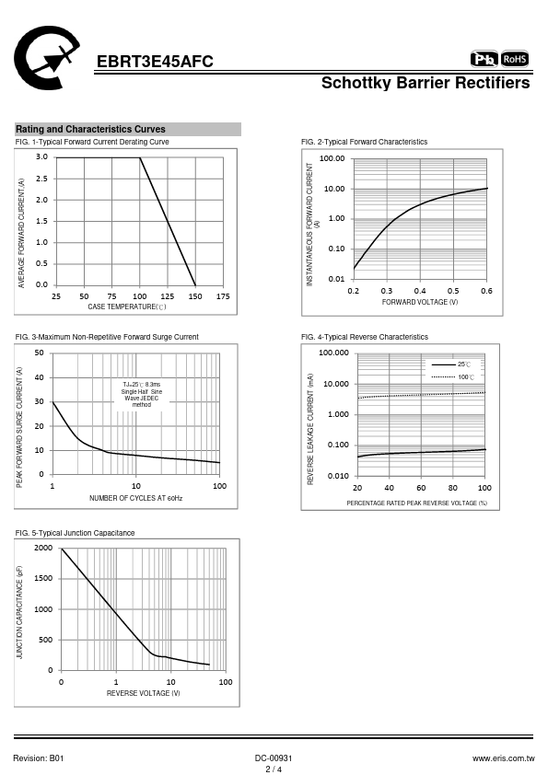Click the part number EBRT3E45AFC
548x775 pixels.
[155, 62]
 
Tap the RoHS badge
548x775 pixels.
[515, 59]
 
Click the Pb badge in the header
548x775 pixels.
[484, 59]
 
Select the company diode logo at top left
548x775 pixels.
[46, 57]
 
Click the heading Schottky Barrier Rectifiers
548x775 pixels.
[426, 83]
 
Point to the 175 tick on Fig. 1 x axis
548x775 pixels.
[223, 296]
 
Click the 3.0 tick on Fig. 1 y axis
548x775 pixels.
[41, 157]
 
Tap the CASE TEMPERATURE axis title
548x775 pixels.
[127, 307]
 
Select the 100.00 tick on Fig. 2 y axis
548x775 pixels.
[332, 158]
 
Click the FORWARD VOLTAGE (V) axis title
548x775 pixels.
[420, 302]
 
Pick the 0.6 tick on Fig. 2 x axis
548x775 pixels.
[486, 291]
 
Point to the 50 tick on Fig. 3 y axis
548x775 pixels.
[39, 353]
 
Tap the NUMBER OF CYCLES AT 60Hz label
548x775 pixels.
[136, 498]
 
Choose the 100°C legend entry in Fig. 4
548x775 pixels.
[453, 377]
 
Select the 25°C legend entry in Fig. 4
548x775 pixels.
[451, 364]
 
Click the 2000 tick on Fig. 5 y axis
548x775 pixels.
[43, 548]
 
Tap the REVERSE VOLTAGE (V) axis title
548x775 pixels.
[144, 693]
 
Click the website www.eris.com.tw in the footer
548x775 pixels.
[504, 758]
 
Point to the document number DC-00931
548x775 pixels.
[274, 758]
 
